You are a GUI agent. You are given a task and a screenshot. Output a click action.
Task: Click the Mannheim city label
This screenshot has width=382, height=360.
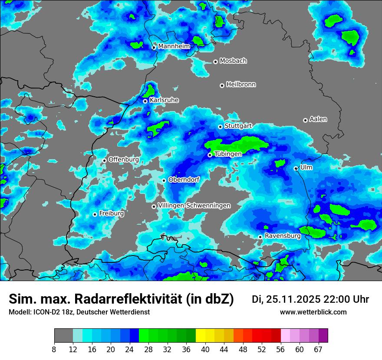tap(174, 46)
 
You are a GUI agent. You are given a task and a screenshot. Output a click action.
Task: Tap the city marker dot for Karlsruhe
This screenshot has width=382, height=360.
tap(145, 101)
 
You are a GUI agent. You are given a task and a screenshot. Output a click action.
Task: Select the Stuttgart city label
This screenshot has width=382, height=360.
tap(238, 126)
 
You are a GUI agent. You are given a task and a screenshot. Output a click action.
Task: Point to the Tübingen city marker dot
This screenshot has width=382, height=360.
tap(210, 155)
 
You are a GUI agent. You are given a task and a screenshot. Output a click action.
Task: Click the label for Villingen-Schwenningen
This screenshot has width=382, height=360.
tap(194, 206)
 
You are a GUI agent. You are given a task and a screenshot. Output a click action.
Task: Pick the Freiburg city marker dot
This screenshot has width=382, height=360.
tap(95, 214)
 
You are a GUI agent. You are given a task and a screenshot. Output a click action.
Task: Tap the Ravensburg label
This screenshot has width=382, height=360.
tap(283, 236)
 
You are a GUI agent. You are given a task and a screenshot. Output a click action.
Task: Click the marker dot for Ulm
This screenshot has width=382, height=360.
tap(296, 168)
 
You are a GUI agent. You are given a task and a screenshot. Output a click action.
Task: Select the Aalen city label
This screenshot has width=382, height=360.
tap(318, 119)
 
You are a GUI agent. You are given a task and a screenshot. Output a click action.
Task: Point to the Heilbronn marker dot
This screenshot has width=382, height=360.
tap(222, 85)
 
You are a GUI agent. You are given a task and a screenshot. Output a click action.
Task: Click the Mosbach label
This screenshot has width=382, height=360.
tap(233, 61)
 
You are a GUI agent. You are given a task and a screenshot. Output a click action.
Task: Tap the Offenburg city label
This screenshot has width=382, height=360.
tap(124, 160)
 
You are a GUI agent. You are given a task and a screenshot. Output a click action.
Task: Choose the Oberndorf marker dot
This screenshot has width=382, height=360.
tap(164, 180)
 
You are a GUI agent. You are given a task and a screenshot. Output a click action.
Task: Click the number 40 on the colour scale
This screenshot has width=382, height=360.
tap(205, 349)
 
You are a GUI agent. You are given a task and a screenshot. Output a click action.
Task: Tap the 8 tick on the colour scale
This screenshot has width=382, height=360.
tap(54, 349)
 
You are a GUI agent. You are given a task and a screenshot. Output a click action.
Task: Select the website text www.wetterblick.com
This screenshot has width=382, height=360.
tap(313, 312)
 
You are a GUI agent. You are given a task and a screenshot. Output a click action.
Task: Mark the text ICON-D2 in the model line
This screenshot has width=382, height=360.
tap(43, 312)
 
